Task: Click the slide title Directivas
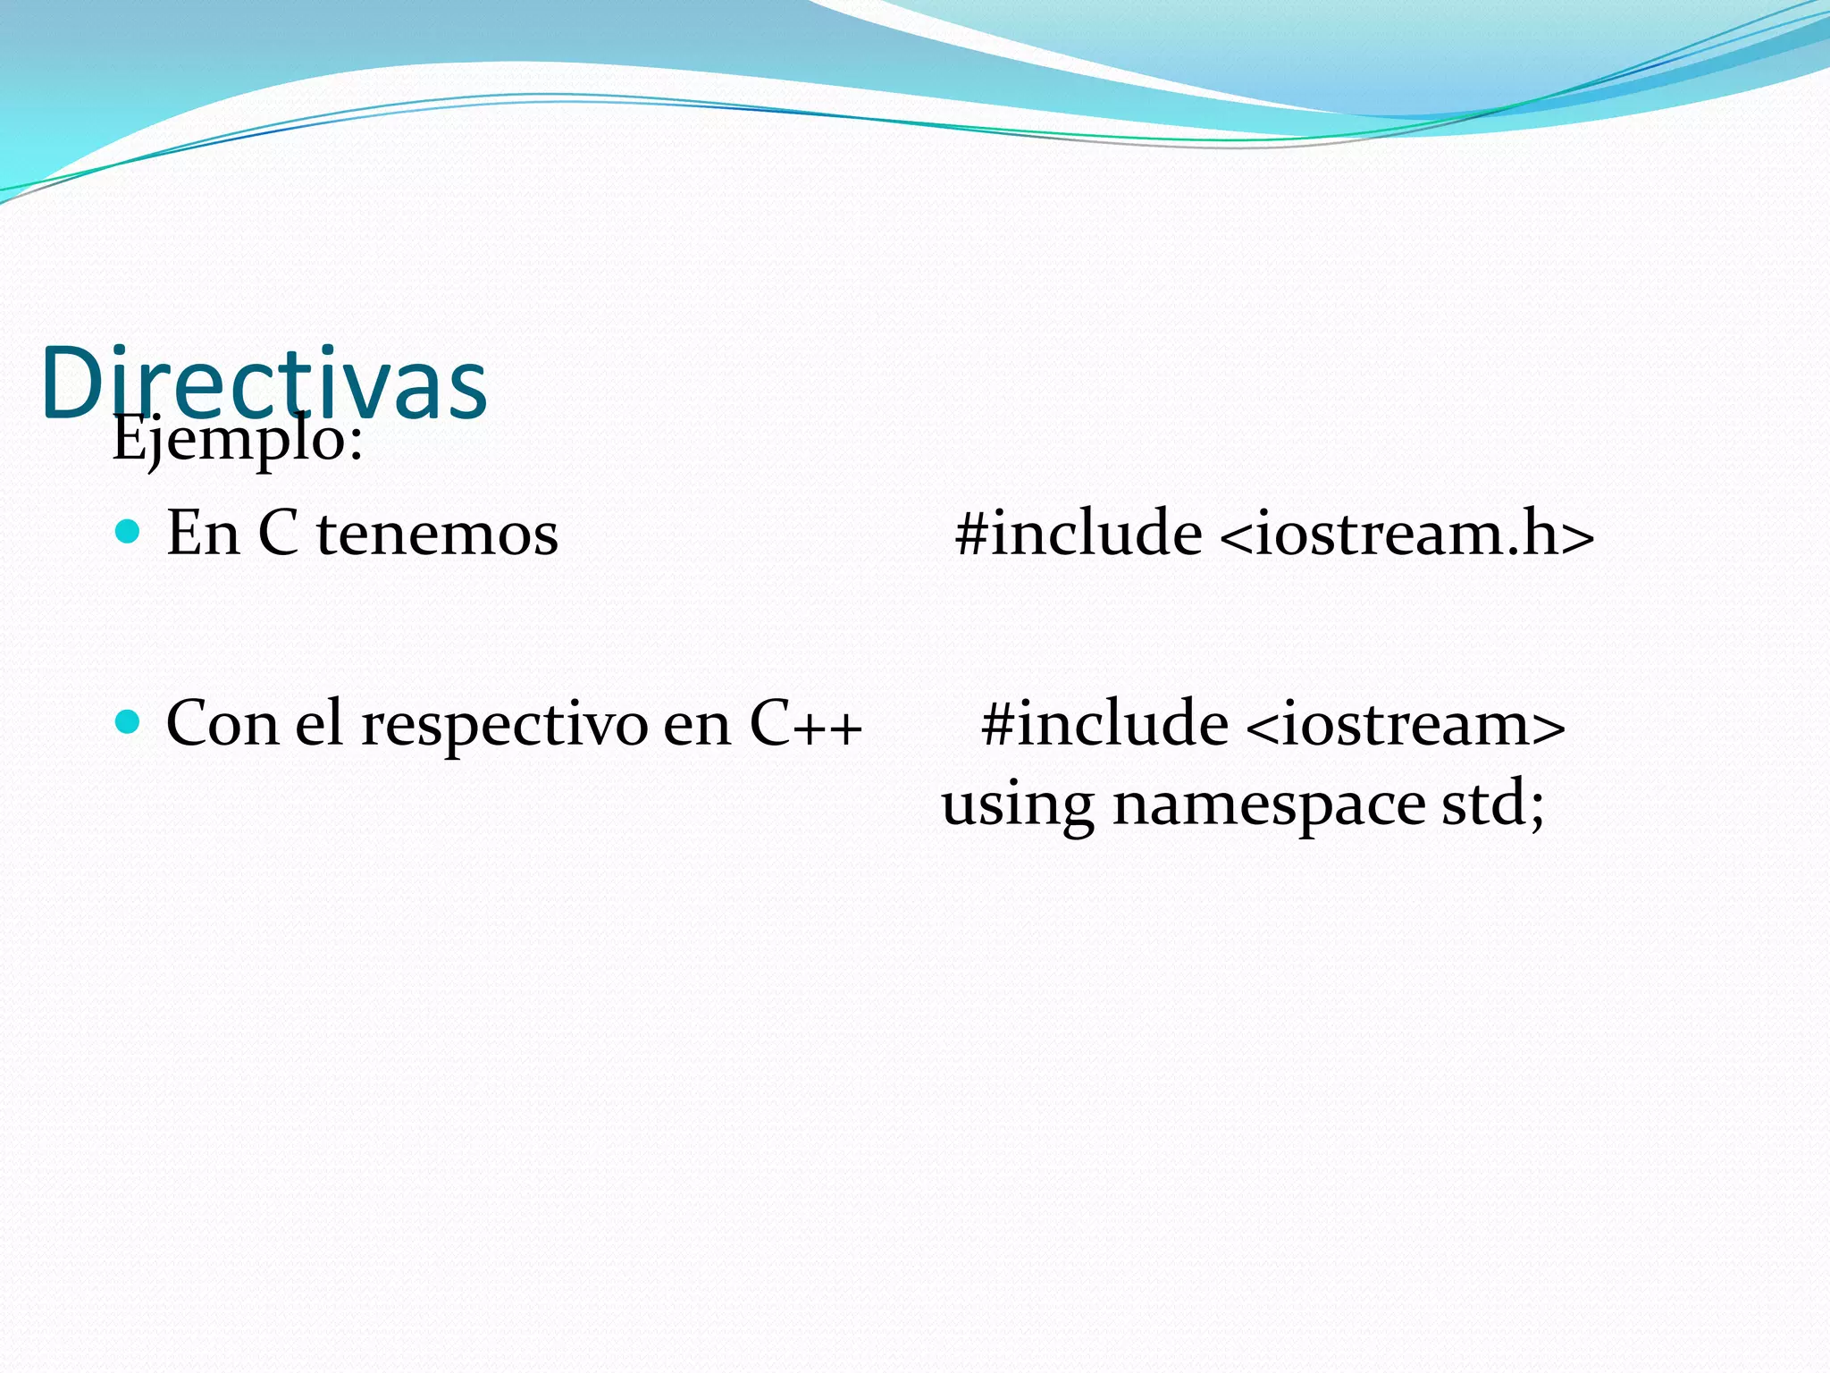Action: pos(264,383)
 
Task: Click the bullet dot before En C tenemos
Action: pos(129,532)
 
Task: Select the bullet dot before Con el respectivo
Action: pos(129,721)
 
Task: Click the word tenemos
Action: pos(437,534)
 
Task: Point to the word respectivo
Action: pos(505,724)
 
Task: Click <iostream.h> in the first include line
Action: pos(1406,534)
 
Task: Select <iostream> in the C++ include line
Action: pos(1404,723)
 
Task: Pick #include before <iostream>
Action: pos(1104,723)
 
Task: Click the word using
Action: pos(1018,804)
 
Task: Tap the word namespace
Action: pos(1269,804)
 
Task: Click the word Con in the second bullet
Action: pos(222,723)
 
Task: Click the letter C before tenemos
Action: pos(278,534)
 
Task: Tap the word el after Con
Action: pos(319,723)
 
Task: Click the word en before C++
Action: pos(697,725)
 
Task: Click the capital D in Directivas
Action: pos(73,383)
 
